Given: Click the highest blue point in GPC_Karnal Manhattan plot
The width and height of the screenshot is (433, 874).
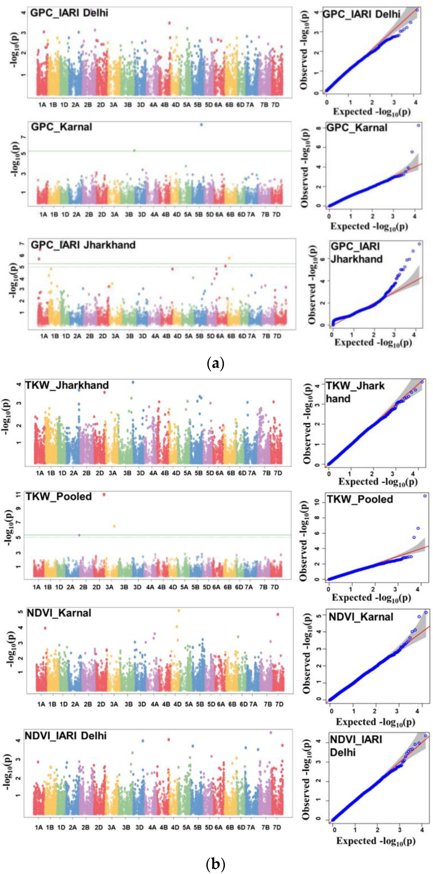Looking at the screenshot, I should click(x=201, y=125).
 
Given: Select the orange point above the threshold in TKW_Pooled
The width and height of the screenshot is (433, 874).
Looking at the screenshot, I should click(x=114, y=526).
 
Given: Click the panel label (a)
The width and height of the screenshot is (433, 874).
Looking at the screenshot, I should click(x=216, y=363).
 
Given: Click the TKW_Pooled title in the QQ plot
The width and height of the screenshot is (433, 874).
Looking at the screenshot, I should click(x=360, y=499).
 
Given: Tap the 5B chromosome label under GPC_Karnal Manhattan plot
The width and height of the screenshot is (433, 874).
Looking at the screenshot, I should click(x=199, y=214).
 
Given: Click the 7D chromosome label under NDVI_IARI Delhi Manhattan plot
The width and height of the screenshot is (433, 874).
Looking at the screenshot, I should click(x=277, y=827).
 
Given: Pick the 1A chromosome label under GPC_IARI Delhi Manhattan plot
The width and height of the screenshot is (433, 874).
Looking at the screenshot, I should click(x=42, y=105).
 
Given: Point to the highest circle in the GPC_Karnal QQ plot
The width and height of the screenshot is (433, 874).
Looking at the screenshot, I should click(x=418, y=125).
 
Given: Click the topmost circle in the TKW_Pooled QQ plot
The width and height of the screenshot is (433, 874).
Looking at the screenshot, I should click(x=425, y=496).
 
